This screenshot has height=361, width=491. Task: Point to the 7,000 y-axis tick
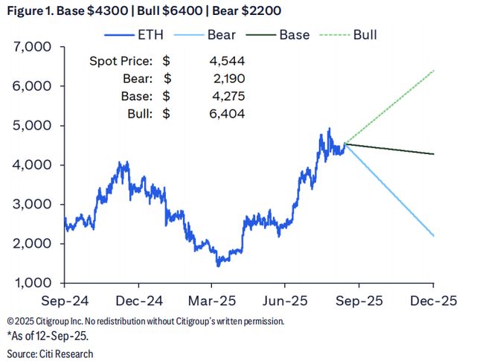click(35, 47)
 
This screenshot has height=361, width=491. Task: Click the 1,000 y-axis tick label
click(35, 283)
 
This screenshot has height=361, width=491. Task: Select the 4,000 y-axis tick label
click(35, 165)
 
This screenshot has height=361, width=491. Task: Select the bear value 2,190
click(228, 78)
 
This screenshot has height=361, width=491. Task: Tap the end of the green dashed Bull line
click(434, 70)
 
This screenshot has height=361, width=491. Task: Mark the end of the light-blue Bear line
click(434, 236)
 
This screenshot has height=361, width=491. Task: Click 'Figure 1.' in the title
click(29, 10)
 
